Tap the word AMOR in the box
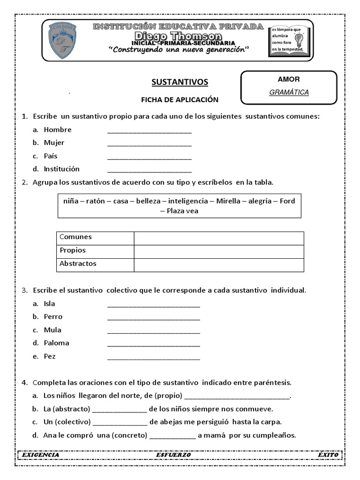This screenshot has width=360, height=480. (288, 79)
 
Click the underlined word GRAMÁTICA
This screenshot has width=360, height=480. (289, 92)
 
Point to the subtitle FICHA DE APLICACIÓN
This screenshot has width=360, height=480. (180, 100)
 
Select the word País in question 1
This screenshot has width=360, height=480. (50, 156)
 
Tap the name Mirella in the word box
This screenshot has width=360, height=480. (228, 201)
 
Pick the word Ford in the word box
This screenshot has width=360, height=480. (287, 201)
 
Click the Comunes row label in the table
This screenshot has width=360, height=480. (76, 237)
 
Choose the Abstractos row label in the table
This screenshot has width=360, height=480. (78, 264)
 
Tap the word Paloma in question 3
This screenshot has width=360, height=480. (56, 343)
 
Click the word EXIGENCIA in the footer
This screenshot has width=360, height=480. (40, 455)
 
